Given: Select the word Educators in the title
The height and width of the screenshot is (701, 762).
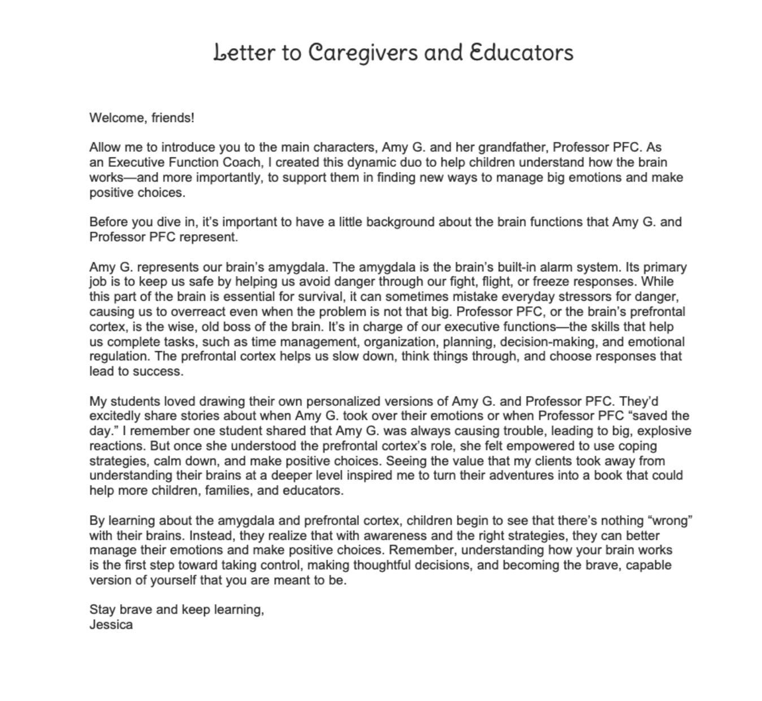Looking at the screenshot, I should [x=521, y=53].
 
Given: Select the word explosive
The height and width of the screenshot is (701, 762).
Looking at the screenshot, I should [x=664, y=431].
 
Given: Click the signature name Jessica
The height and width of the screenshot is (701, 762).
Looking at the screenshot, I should [x=111, y=625].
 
